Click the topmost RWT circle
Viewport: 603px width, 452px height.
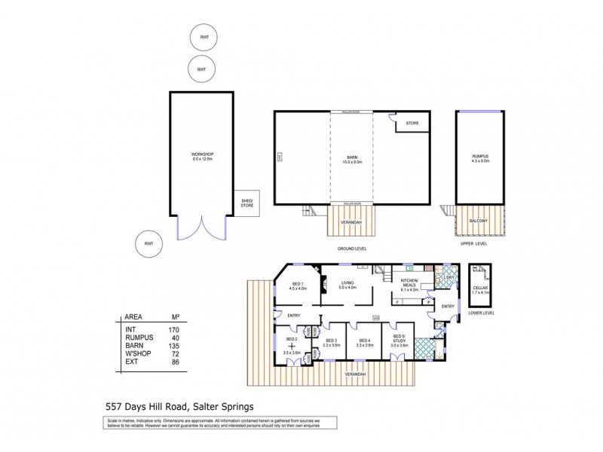[204, 38]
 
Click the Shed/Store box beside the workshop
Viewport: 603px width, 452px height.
[246, 203]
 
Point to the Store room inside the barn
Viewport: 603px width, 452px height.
[412, 123]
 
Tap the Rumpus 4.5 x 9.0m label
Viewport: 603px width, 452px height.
[480, 157]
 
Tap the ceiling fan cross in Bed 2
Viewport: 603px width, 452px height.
[291, 346]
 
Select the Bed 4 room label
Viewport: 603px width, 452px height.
[365, 342]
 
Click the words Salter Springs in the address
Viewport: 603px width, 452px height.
[222, 405]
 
